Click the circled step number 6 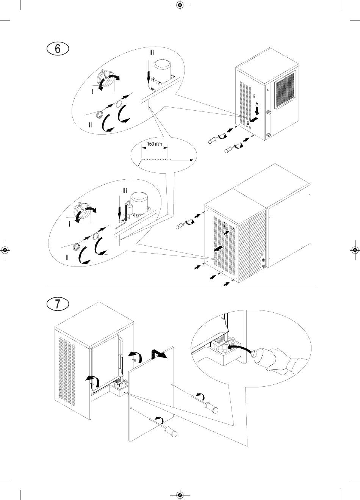click(x=57, y=49)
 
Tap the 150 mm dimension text click(x=154, y=144)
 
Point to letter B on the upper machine click(x=248, y=123)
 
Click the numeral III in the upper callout click(x=151, y=53)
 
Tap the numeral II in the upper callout click(x=90, y=125)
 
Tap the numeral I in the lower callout click(x=69, y=224)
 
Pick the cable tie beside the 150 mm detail click(x=182, y=160)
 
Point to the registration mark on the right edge click(x=355, y=250)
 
